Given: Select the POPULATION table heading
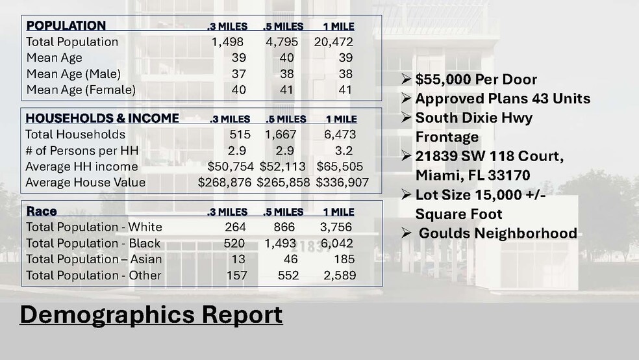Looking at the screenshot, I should click(x=66, y=26).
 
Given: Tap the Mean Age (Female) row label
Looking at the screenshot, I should click(x=81, y=90).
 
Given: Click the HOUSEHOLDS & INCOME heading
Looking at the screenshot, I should click(x=102, y=118).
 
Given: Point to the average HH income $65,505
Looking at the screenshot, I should click(x=340, y=166).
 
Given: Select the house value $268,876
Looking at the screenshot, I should click(x=224, y=183).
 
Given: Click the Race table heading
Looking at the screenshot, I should click(x=41, y=211).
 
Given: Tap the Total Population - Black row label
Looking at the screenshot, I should click(x=94, y=243).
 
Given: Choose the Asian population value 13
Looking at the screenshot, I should click(x=238, y=259).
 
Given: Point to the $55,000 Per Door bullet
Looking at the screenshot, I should click(x=476, y=80).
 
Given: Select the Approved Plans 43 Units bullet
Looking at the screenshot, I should click(x=502, y=99).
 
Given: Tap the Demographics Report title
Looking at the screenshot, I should click(x=151, y=315).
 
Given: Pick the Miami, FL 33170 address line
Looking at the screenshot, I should click(x=472, y=175).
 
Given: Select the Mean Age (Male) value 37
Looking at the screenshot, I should click(x=238, y=74).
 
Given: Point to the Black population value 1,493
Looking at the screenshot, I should click(x=280, y=243).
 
